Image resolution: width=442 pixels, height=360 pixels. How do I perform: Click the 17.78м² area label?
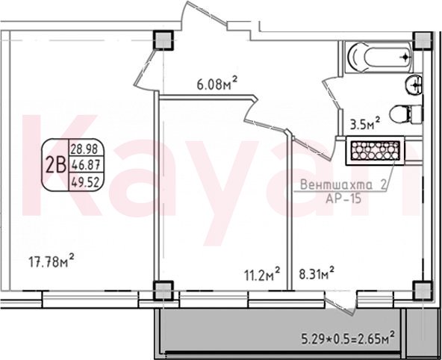click(52, 261)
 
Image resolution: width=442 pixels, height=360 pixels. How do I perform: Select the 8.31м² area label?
click(317, 273)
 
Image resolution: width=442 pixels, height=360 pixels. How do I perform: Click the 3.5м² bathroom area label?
click(365, 123)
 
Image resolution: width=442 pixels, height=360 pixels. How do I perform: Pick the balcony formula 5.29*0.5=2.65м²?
click(348, 338)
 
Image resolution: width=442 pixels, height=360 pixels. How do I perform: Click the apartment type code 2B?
click(55, 166)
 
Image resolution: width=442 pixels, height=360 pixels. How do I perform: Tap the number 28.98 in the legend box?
click(84, 149)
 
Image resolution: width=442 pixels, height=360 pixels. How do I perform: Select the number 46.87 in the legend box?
click(85, 164)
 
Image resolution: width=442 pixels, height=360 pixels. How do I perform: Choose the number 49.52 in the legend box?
click(85, 183)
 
